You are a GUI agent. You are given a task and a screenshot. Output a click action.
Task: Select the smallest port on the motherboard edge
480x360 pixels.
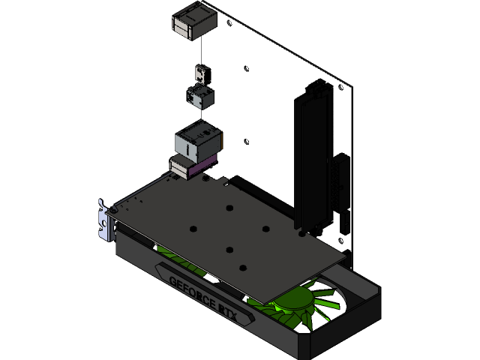201,73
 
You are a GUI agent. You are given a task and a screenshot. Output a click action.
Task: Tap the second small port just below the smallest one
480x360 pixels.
200,97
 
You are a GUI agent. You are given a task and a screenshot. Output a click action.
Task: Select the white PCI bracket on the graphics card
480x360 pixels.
103,221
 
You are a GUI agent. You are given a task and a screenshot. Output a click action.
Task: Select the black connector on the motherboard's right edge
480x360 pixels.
341,187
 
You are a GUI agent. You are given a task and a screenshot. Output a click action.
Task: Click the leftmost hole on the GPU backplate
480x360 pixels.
193,229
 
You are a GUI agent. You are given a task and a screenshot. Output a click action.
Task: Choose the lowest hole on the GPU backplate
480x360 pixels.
241,266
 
